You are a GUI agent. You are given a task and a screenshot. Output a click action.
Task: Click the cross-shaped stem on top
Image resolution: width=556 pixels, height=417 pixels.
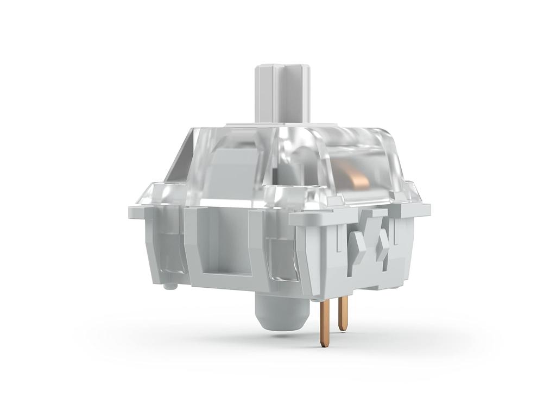(x=282, y=92)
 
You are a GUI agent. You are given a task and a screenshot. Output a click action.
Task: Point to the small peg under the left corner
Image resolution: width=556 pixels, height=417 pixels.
(x=171, y=285)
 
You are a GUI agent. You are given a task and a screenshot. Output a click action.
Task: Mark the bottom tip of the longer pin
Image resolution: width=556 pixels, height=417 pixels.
(x=324, y=344)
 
